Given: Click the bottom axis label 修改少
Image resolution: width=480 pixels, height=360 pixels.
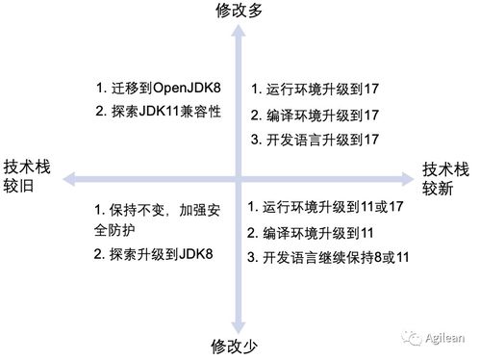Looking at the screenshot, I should click(239, 346).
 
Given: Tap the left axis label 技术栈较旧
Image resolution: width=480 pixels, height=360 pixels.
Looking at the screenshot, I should click(26, 174).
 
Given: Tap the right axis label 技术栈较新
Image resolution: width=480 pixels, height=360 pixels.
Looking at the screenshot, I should click(446, 176).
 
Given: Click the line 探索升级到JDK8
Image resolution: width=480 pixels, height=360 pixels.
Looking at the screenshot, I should click(152, 255).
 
